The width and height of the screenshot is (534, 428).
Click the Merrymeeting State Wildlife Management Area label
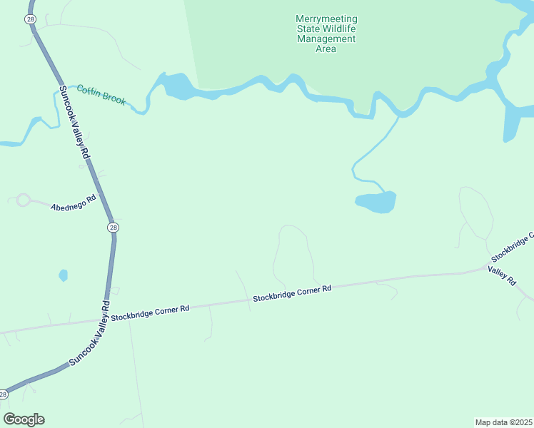coord(326,34)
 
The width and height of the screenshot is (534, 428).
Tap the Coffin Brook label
coord(101,94)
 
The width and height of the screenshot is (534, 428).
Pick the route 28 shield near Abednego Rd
coord(113,227)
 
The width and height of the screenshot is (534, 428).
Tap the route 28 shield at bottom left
coord(4,394)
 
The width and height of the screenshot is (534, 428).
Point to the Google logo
coord(24,419)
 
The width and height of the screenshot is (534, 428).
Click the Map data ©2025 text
coord(504,422)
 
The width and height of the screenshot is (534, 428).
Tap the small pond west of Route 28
coord(64,275)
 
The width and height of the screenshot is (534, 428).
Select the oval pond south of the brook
coord(376,203)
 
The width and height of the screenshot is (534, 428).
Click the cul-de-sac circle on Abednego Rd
coord(23,200)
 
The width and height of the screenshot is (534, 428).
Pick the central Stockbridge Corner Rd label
coord(292,293)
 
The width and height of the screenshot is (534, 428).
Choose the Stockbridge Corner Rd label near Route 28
coord(151,312)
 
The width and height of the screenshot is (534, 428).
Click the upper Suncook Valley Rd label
coord(74,122)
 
